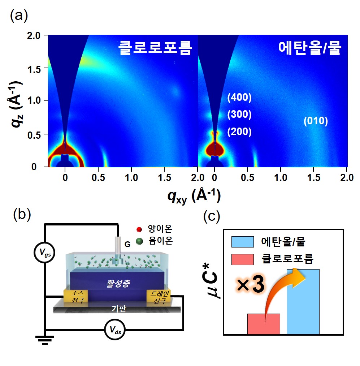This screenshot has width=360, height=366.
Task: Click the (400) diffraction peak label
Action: click(x=239, y=98)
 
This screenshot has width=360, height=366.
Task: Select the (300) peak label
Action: click(x=239, y=115)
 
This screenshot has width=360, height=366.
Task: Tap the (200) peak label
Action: click(x=239, y=132)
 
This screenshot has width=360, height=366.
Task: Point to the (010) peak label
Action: click(x=316, y=121)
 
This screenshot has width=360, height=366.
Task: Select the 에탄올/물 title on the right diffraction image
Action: click(x=309, y=47)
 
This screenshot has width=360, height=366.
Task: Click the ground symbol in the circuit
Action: click(x=45, y=340)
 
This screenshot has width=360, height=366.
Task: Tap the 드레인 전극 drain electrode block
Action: click(x=158, y=297)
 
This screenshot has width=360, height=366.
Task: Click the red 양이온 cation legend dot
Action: click(x=140, y=230)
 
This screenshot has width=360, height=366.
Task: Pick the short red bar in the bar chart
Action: click(x=264, y=324)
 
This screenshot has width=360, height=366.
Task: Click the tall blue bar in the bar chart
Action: click(x=303, y=302)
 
